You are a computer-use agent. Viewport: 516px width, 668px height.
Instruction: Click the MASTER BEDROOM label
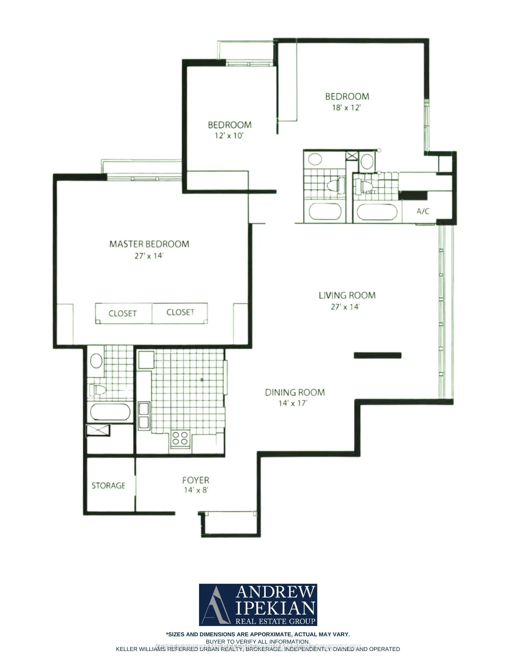149,244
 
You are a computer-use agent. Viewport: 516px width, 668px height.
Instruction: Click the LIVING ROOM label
347,295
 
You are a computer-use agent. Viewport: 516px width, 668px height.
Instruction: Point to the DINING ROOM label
295,392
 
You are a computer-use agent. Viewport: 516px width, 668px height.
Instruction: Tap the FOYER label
196,480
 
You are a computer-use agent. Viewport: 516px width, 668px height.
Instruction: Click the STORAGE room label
109,485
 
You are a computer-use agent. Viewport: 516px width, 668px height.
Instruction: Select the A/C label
423,211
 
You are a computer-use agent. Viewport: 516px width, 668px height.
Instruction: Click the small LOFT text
369,192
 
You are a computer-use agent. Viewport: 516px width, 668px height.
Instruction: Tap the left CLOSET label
123,314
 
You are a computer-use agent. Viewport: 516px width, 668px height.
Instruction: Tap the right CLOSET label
180,312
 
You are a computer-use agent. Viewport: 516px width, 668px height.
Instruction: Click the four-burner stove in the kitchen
180,439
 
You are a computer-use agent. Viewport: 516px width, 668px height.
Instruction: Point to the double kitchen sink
144,415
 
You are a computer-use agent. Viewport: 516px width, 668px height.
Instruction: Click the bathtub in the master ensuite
110,412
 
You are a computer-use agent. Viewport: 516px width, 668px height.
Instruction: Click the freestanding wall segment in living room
377,355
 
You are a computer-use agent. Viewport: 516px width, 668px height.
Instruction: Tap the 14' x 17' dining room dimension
293,403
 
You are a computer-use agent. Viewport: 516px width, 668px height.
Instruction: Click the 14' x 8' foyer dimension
196,490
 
